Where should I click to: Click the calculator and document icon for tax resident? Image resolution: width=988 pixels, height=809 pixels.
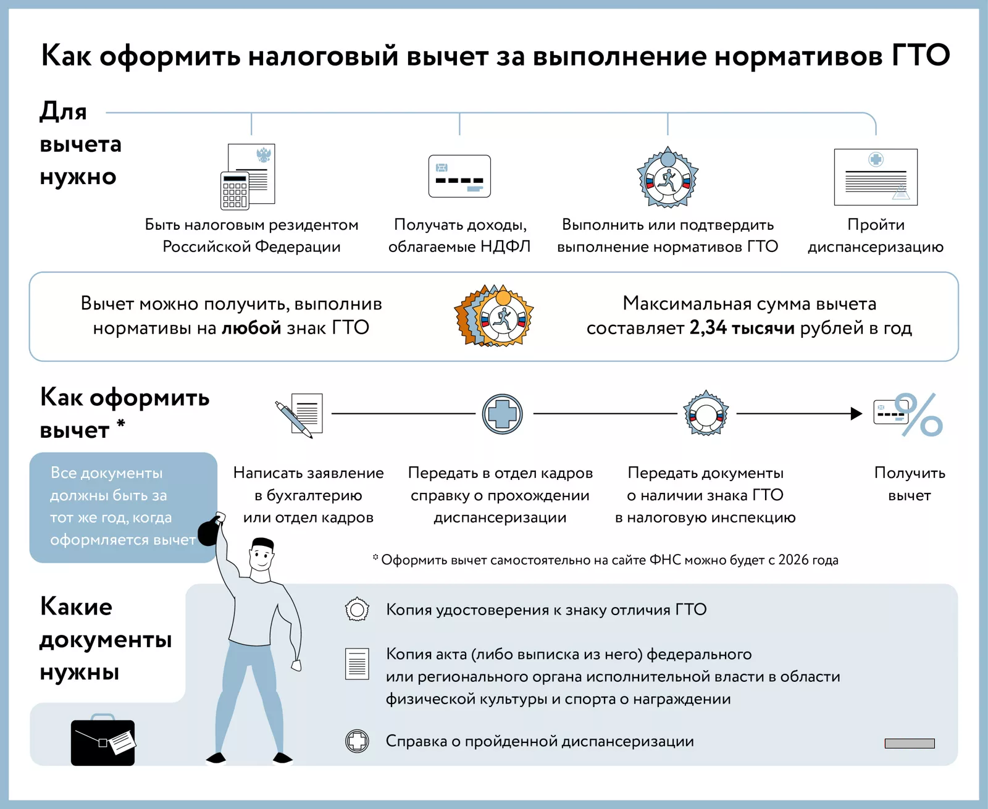pos(248,177)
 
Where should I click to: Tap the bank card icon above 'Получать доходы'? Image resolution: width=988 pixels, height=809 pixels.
pos(459,176)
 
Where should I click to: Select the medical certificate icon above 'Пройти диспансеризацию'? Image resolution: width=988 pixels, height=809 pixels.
pos(876,177)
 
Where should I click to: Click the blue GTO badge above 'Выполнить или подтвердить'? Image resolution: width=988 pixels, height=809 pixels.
pos(668,177)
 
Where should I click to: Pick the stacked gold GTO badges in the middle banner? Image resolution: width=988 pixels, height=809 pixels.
pos(495,316)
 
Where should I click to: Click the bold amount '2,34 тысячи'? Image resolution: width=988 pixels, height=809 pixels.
pos(742,328)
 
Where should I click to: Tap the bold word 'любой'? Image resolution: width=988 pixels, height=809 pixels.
pos(251,328)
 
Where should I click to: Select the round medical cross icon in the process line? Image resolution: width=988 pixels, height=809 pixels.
pos(502,414)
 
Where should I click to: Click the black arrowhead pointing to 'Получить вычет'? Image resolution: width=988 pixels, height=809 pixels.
pos(856,414)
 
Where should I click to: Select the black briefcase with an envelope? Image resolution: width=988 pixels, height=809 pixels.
pos(103,742)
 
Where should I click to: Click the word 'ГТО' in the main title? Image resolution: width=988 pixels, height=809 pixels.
pos(920,56)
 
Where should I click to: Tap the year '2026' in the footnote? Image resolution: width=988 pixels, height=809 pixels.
pos(793,560)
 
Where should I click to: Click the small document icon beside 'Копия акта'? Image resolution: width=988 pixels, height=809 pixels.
pos(357,664)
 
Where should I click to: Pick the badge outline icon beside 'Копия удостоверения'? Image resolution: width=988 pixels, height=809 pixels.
pos(357,610)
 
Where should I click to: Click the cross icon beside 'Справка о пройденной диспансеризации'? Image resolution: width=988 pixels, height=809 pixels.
pos(357,741)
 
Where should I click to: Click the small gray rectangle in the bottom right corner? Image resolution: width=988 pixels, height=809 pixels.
pos(910,744)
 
